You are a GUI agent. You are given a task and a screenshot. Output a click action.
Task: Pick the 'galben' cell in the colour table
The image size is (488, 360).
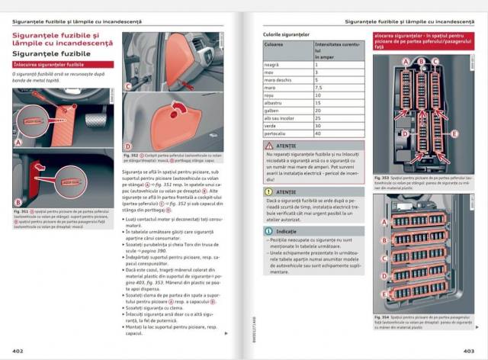point(274,109)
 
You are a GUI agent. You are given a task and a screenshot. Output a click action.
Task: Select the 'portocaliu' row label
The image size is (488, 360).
point(278,133)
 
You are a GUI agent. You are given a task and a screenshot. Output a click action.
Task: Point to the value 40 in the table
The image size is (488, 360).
point(318,133)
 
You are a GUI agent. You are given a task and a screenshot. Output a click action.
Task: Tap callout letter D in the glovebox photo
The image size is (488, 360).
point(129,146)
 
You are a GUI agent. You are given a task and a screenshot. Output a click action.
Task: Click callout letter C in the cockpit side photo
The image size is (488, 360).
point(129,86)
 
